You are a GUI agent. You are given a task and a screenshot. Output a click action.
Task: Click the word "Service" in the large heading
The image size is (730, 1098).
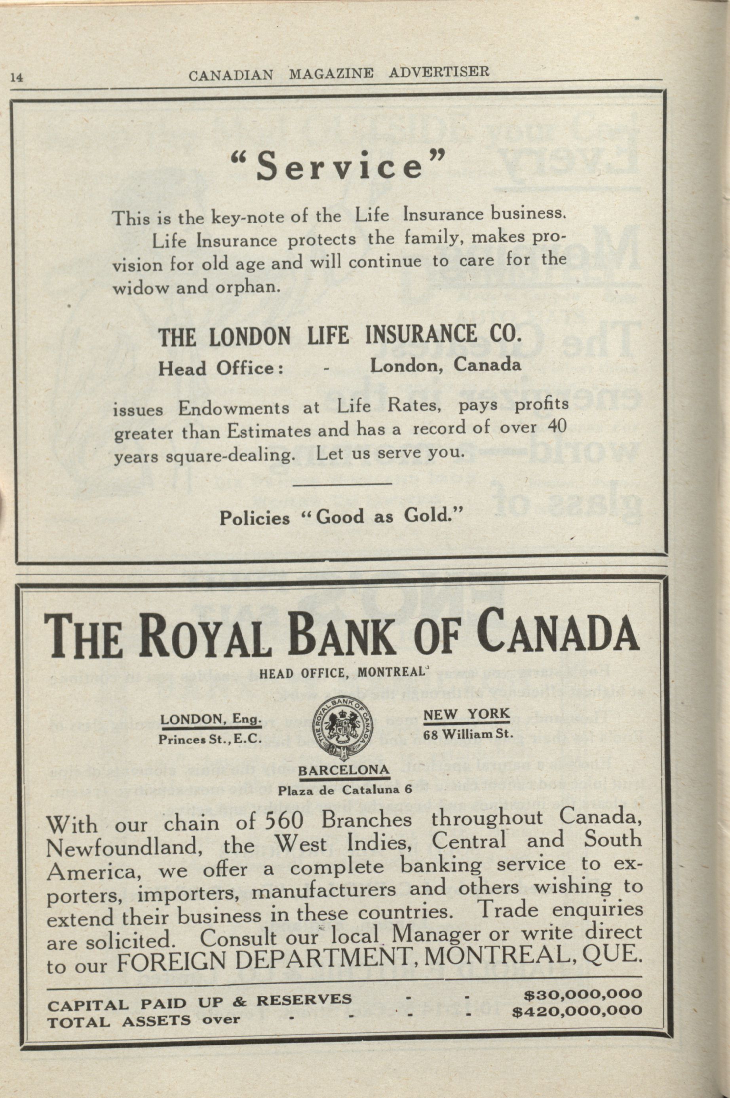pyautogui.click(x=339, y=166)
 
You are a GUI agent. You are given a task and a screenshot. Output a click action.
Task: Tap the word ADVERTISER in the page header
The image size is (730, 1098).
pyautogui.click(x=439, y=72)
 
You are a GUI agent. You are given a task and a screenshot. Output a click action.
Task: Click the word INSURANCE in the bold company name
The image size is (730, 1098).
pyautogui.click(x=421, y=335)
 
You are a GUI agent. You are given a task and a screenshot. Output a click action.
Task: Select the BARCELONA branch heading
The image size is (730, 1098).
pyautogui.click(x=344, y=770)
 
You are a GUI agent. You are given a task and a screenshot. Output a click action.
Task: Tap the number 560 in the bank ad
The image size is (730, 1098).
pyautogui.click(x=283, y=820)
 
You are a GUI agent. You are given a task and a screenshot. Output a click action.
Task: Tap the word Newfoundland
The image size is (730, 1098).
pyautogui.click(x=124, y=847)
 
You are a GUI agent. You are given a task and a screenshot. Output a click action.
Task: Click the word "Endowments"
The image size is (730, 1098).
pyautogui.click(x=234, y=408)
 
